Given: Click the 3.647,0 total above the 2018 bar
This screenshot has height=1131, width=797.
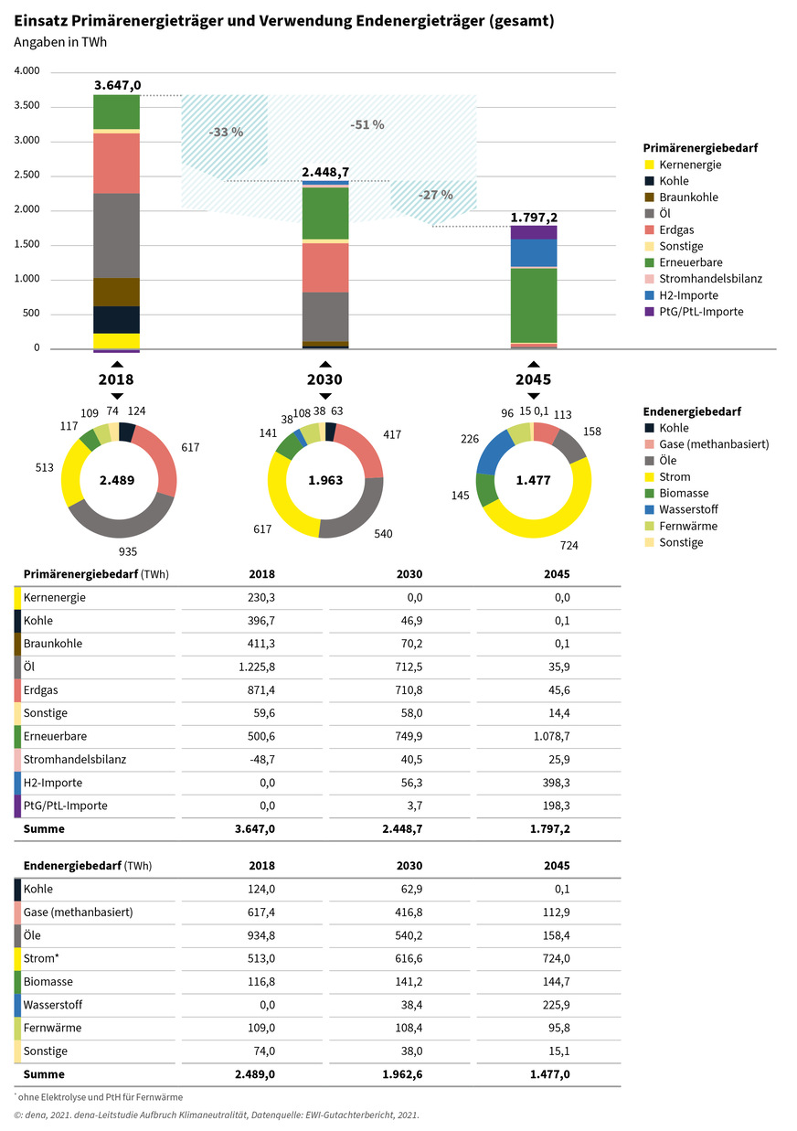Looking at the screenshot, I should pyautogui.click(x=117, y=85).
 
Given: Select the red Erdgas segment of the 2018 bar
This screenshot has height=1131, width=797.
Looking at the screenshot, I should pyautogui.click(x=116, y=163).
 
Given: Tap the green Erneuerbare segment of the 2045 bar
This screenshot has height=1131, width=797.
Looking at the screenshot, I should pyautogui.click(x=534, y=304).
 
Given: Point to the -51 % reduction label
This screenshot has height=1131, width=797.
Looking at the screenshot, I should pyautogui.click(x=367, y=124).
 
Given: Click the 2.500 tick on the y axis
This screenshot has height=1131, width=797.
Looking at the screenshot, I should pyautogui.click(x=27, y=175).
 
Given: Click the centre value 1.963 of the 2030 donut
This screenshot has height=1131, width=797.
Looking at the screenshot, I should pyautogui.click(x=324, y=480).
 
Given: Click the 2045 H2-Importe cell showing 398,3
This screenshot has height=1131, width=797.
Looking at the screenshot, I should pyautogui.click(x=555, y=783).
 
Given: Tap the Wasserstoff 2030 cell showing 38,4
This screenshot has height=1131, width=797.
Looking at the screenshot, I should pyautogui.click(x=408, y=1004).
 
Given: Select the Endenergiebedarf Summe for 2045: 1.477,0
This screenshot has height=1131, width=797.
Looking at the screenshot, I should pyautogui.click(x=549, y=1074).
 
